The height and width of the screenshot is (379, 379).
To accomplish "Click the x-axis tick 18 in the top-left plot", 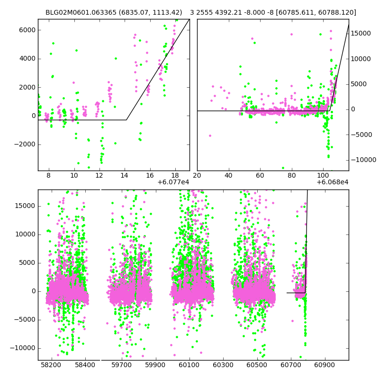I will [x=175, y=175].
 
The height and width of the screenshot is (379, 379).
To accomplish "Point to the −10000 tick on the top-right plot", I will [x=362, y=160].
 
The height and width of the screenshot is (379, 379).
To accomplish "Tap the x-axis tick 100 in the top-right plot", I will [x=323, y=175].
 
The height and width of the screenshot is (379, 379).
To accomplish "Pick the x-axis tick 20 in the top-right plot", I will [x=197, y=175].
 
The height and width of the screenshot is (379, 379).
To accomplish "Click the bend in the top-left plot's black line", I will [x=126, y=120].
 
